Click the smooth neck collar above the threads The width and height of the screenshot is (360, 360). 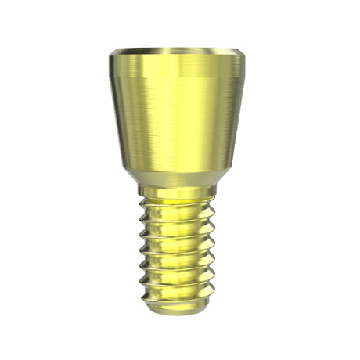coord(180,191)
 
